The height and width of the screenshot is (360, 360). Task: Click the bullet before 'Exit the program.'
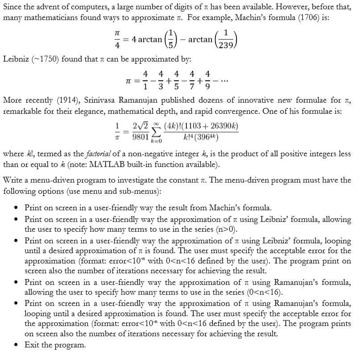point(17,345)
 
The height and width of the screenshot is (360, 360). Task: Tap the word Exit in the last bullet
point(32,345)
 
